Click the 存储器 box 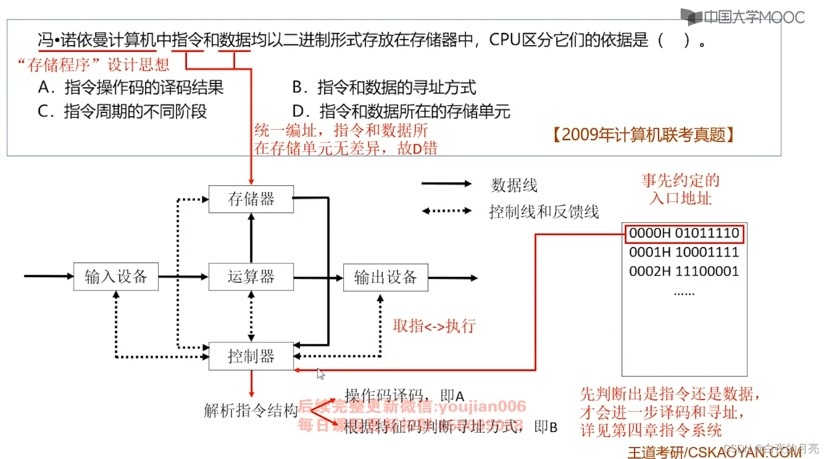pyautogui.click(x=251, y=199)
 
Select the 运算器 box pyautogui.click(x=251, y=277)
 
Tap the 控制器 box pyautogui.click(x=251, y=356)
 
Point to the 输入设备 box pyautogui.click(x=116, y=277)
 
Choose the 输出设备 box pyautogui.click(x=385, y=277)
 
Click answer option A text pyautogui.click(x=131, y=87)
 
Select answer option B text pyautogui.click(x=384, y=87)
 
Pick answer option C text pyautogui.click(x=122, y=111)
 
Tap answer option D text pyautogui.click(x=401, y=111)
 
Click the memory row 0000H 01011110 pyautogui.click(x=684, y=233)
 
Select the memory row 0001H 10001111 pyautogui.click(x=684, y=252)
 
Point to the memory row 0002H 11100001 pyautogui.click(x=684, y=272)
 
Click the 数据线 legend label pyautogui.click(x=514, y=185)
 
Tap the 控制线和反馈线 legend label pyautogui.click(x=543, y=212)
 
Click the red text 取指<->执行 pyautogui.click(x=434, y=326)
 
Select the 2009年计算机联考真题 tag pyautogui.click(x=643, y=135)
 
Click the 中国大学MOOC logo pyautogui.click(x=743, y=17)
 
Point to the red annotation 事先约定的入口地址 pyautogui.click(x=680, y=189)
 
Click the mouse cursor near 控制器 pyautogui.click(x=320, y=374)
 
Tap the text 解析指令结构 pyautogui.click(x=251, y=411)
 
